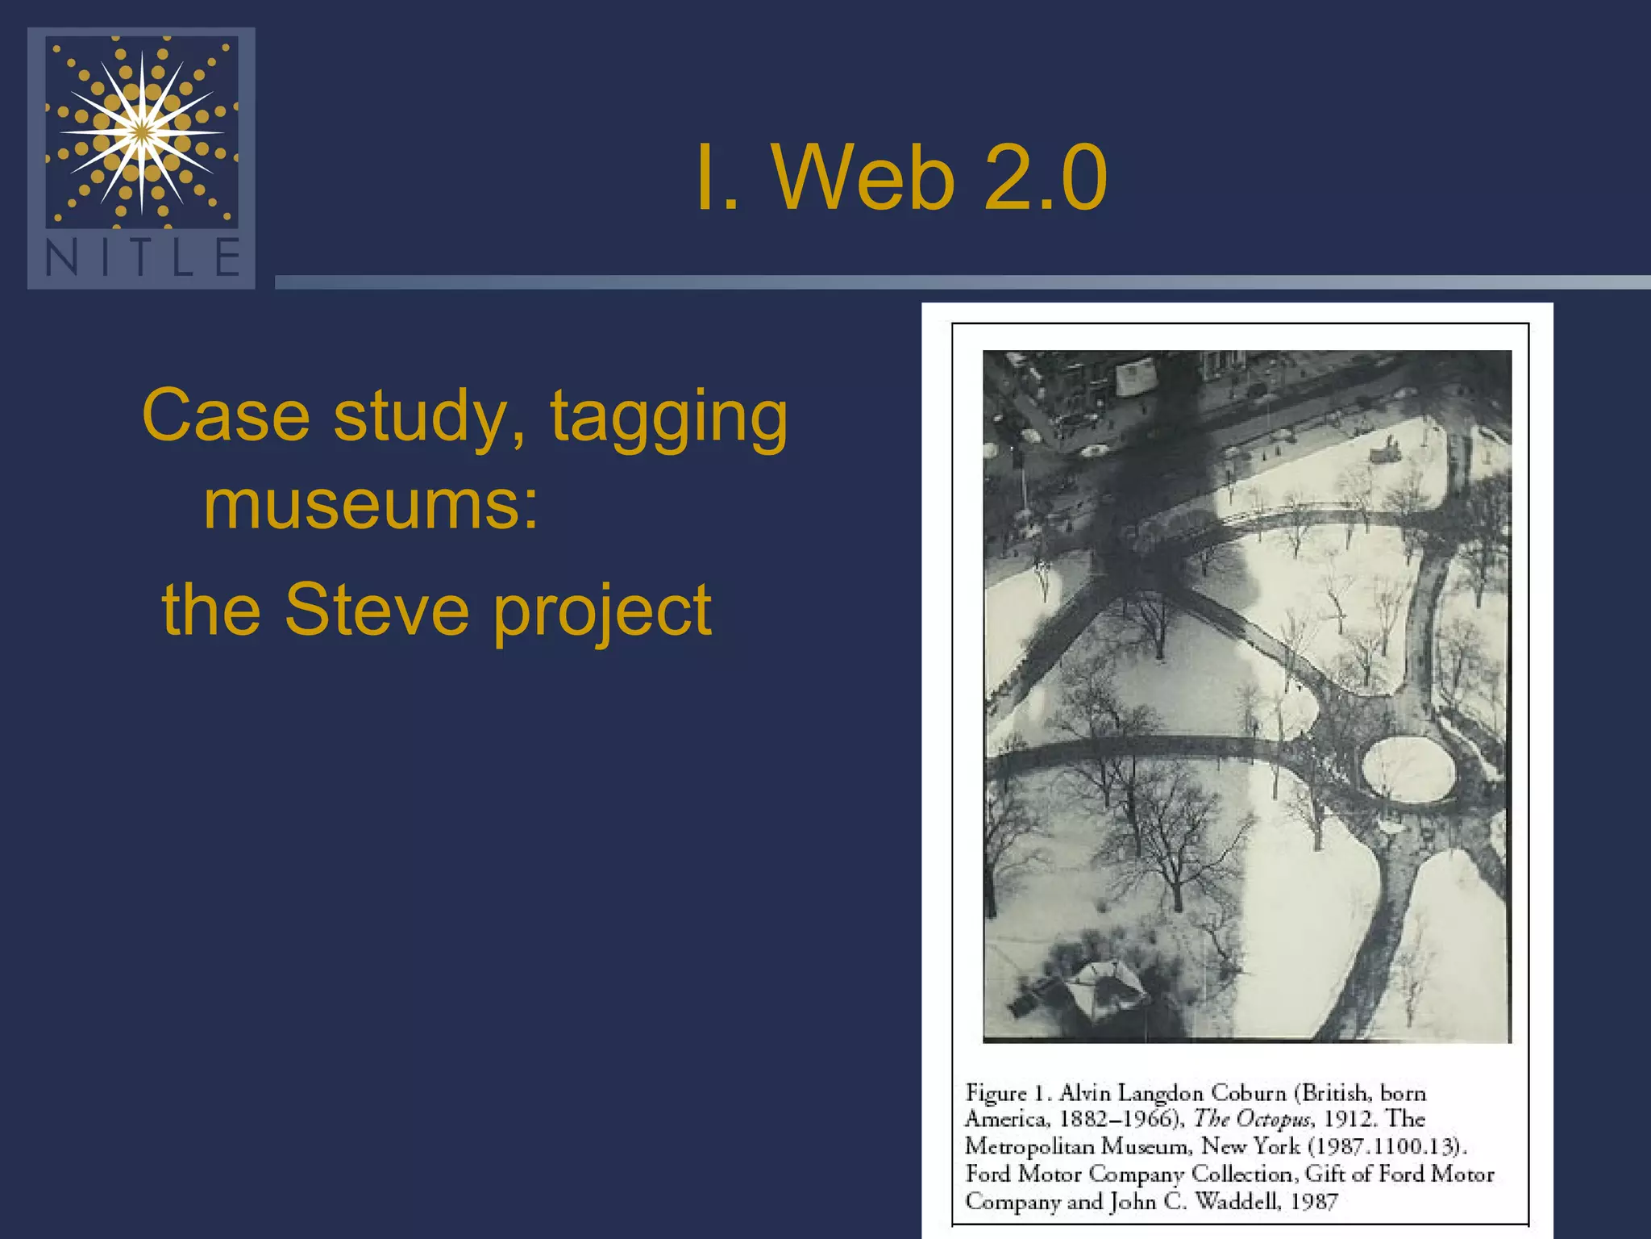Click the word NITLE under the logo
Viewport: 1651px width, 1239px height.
coord(143,258)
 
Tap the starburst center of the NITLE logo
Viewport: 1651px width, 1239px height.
coord(142,131)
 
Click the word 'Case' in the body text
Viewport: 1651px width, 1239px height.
coord(226,416)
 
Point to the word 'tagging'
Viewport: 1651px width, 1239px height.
coord(668,419)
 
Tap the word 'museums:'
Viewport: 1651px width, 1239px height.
coord(371,505)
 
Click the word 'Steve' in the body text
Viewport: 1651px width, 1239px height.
coord(376,610)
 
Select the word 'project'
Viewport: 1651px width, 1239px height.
coord(602,613)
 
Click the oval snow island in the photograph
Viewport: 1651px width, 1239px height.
coord(1408,768)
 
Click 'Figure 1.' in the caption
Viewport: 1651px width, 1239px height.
coord(1008,1094)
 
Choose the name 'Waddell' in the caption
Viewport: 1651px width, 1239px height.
coord(1237,1202)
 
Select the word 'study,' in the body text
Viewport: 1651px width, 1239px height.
coord(430,416)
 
